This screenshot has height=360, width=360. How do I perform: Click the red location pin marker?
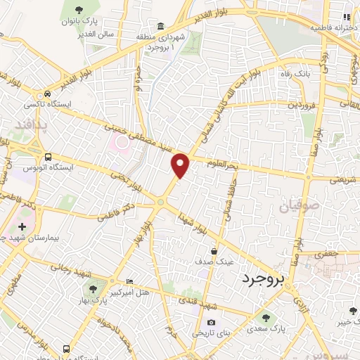point(181,165)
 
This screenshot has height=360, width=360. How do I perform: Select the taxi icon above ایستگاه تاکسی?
point(47,94)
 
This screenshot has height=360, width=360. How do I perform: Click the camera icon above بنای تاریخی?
point(192,322)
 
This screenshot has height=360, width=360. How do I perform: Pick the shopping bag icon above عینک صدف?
point(214,250)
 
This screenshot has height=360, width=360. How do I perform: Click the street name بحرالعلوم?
point(224,163)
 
